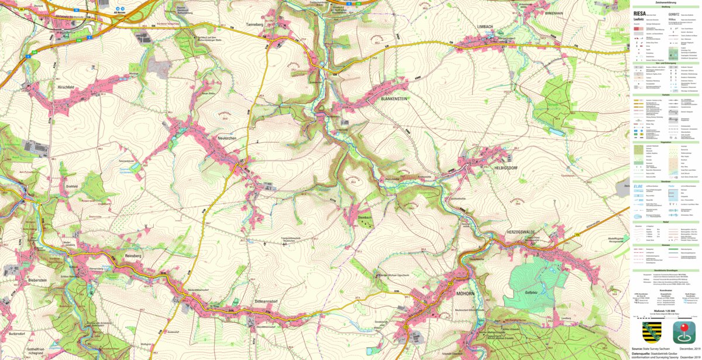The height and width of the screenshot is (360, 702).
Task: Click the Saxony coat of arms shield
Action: (651, 332)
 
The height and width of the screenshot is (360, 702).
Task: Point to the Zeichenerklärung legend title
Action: (666, 2)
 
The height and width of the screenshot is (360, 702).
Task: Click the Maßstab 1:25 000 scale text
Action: (666, 311)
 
